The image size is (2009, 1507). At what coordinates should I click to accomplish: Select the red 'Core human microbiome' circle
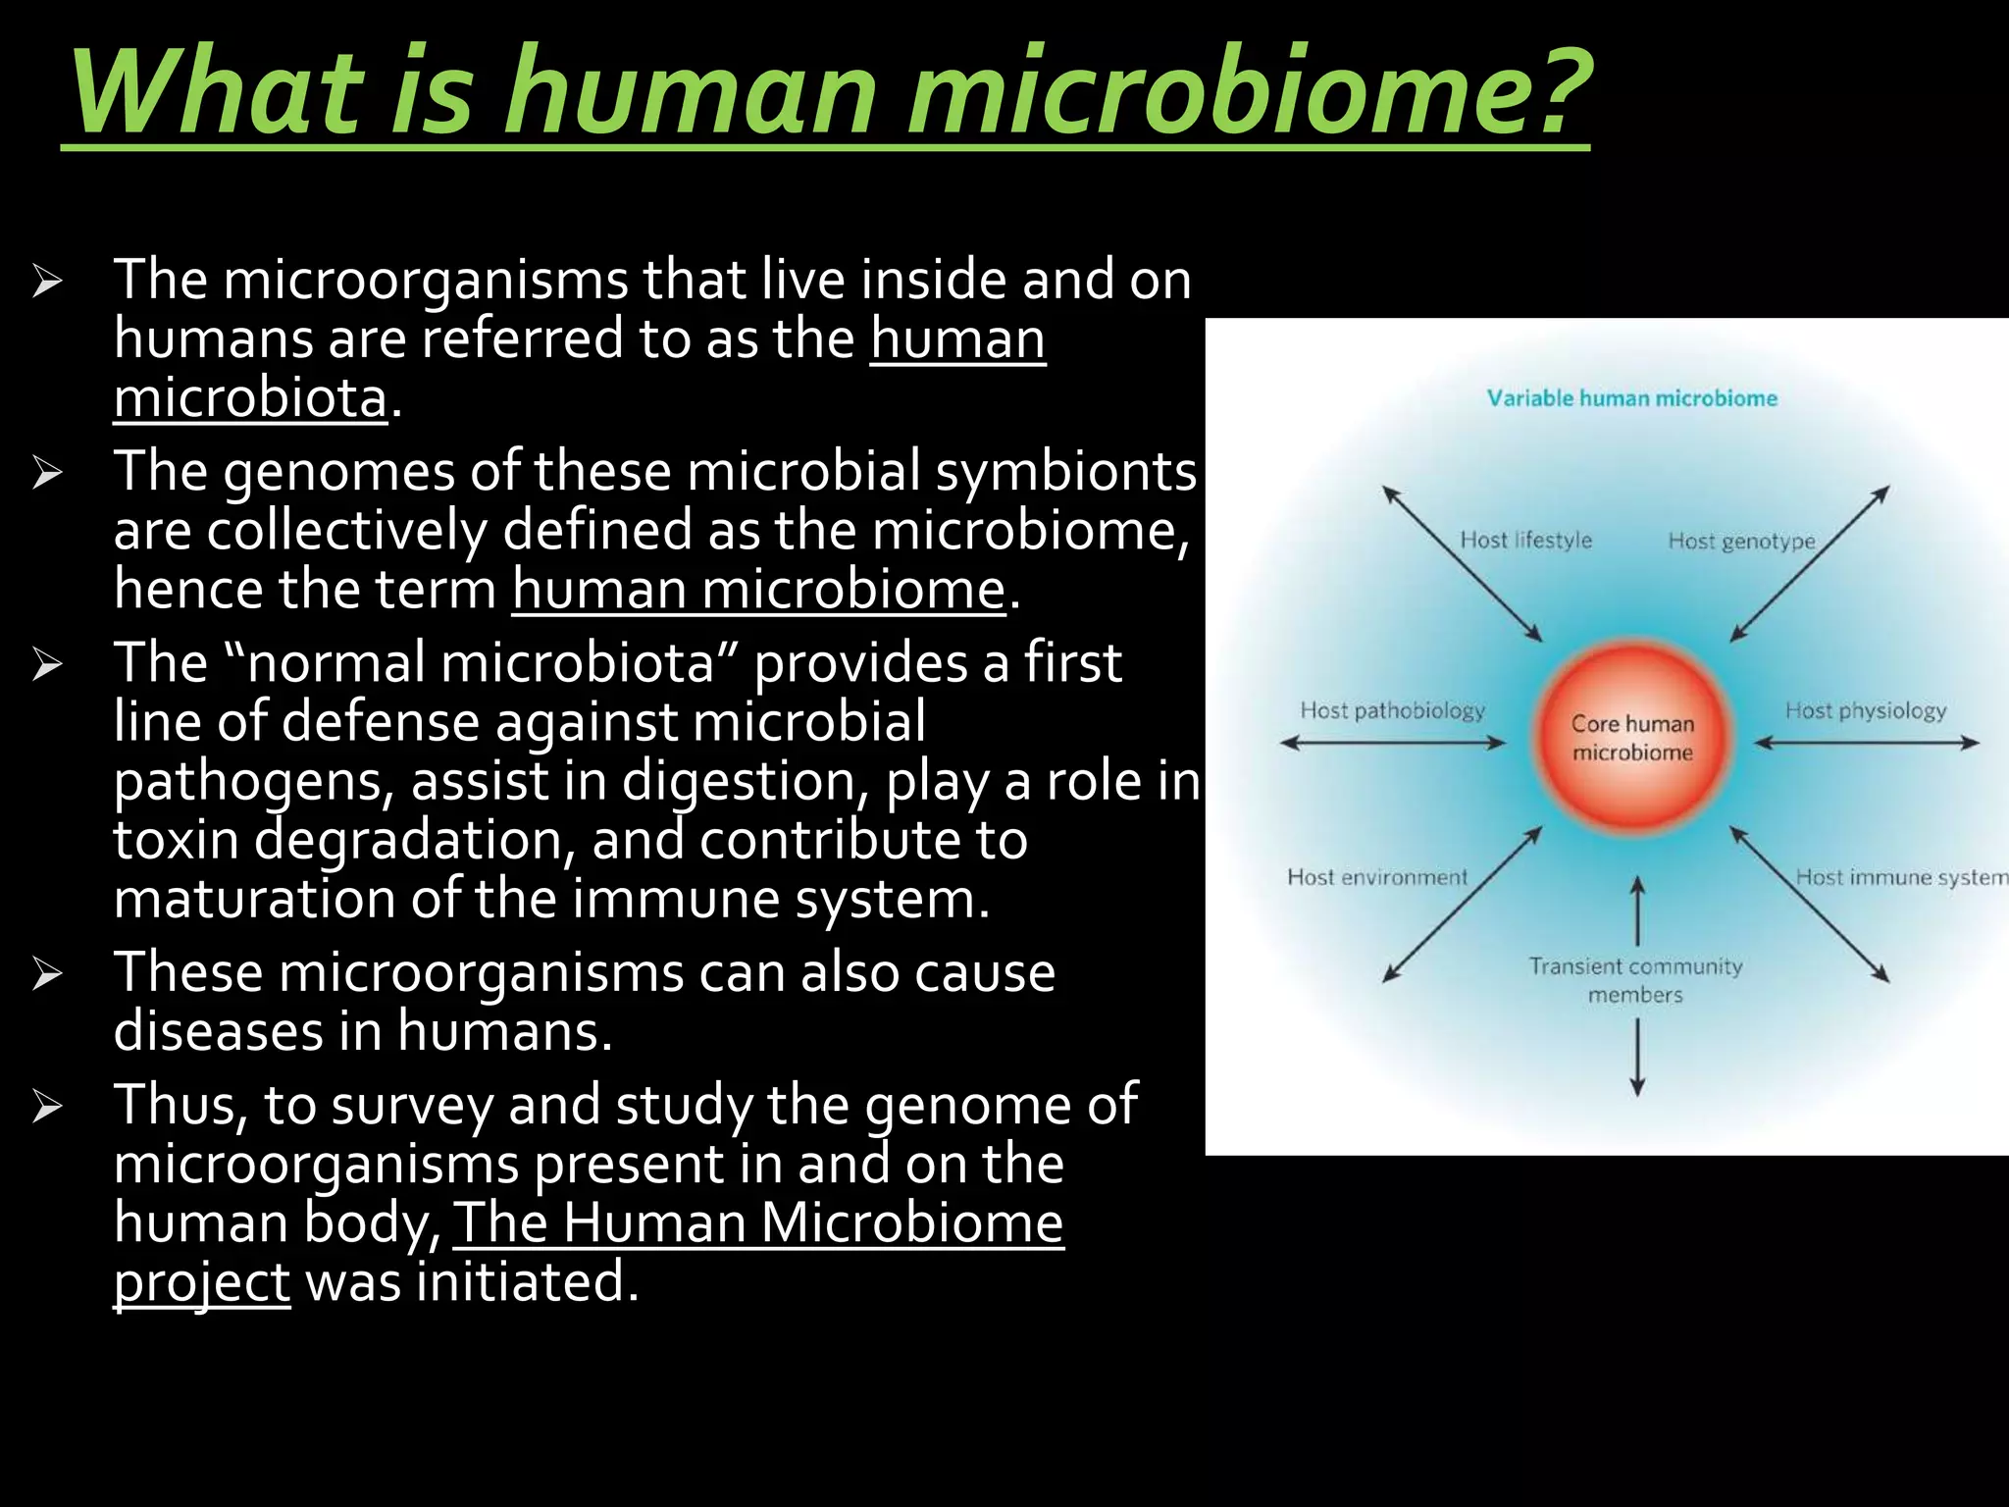tap(1632, 738)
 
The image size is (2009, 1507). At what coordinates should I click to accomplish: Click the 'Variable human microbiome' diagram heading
tap(1631, 398)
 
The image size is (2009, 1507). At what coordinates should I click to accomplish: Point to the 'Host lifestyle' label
tap(1525, 540)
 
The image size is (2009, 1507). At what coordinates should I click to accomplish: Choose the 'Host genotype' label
tap(1741, 541)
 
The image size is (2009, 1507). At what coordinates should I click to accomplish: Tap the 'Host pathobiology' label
tap(1392, 710)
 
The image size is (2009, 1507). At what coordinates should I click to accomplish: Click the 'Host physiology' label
tap(1865, 710)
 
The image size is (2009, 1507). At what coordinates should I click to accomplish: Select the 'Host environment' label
tap(1377, 877)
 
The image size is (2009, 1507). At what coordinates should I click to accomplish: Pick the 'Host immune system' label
tap(1901, 877)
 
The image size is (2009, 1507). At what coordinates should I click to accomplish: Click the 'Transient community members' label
tap(1635, 980)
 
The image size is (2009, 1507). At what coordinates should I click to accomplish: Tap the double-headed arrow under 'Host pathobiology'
tap(1392, 744)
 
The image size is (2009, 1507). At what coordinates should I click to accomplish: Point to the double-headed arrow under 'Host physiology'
tap(1866, 744)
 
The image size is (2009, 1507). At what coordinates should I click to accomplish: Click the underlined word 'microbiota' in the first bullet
tap(250, 397)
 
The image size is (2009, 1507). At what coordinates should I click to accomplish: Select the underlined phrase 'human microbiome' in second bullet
tap(758, 590)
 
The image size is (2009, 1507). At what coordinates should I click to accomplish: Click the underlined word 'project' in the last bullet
tap(201, 1281)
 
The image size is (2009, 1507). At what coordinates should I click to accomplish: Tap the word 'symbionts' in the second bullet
tap(1065, 471)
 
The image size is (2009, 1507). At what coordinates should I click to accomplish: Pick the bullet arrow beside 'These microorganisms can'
tap(46, 973)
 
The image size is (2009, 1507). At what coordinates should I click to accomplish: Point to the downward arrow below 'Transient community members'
tap(1637, 1057)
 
